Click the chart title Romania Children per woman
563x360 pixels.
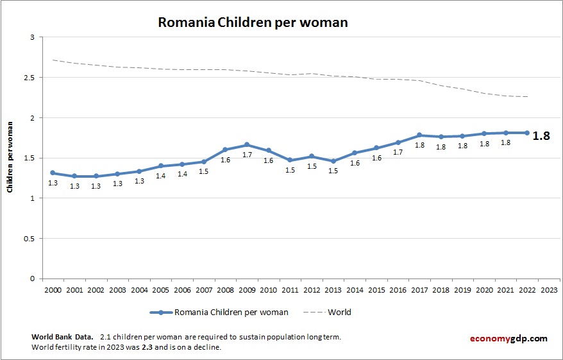point(253,22)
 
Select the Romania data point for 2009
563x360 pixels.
point(247,145)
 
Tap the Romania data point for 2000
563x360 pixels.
point(53,173)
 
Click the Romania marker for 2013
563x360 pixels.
point(333,161)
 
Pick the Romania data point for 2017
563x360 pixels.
point(419,135)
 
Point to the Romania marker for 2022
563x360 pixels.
point(527,133)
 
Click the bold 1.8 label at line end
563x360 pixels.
point(541,136)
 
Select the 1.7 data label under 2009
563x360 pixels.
point(247,155)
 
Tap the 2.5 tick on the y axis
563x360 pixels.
point(29,78)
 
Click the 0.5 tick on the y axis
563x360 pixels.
point(29,239)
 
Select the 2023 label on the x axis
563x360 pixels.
point(549,289)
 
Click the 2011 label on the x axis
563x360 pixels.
point(290,289)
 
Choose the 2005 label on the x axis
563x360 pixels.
point(160,289)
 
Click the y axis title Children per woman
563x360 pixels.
point(10,159)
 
